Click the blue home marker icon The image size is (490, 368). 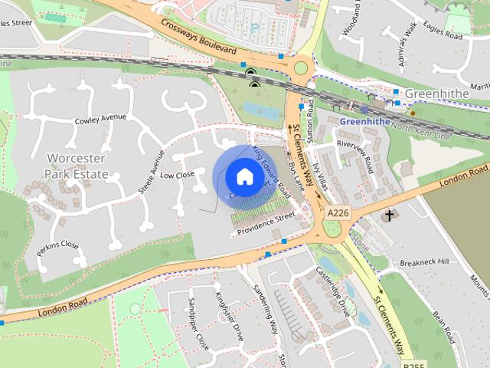(x=243, y=176)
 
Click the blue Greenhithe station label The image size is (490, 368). (x=364, y=121)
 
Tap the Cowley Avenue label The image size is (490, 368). (x=100, y=119)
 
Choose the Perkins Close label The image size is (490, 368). (x=57, y=246)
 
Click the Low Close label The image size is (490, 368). (x=177, y=176)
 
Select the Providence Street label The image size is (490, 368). (x=265, y=223)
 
